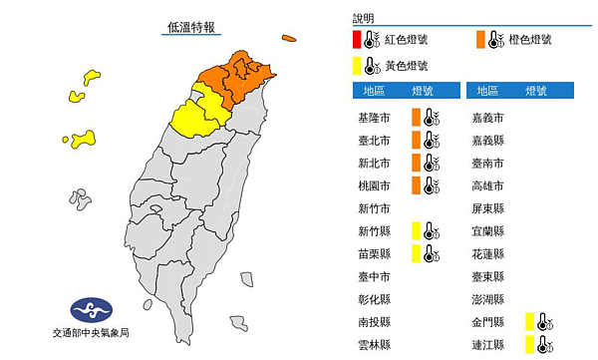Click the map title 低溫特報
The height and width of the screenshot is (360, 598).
click(x=193, y=28)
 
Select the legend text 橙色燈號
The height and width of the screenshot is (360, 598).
click(x=531, y=40)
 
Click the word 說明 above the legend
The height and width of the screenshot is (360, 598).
click(x=364, y=18)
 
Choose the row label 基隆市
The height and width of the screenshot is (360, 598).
click(x=374, y=117)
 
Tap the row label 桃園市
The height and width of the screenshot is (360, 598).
click(x=374, y=185)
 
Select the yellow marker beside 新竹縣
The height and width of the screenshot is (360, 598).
click(x=416, y=231)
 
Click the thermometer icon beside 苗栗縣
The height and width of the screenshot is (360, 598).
click(x=431, y=254)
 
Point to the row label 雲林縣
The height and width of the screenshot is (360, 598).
click(x=374, y=345)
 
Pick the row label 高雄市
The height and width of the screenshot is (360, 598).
click(x=487, y=185)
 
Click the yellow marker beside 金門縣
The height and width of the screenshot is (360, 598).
click(x=529, y=321)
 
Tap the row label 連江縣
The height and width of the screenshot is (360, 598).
click(x=487, y=345)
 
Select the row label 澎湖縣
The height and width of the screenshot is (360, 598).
click(x=487, y=299)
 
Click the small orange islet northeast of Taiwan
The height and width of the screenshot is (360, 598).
click(x=288, y=40)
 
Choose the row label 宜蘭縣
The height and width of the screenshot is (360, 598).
click(x=487, y=231)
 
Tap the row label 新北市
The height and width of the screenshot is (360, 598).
click(x=374, y=163)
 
